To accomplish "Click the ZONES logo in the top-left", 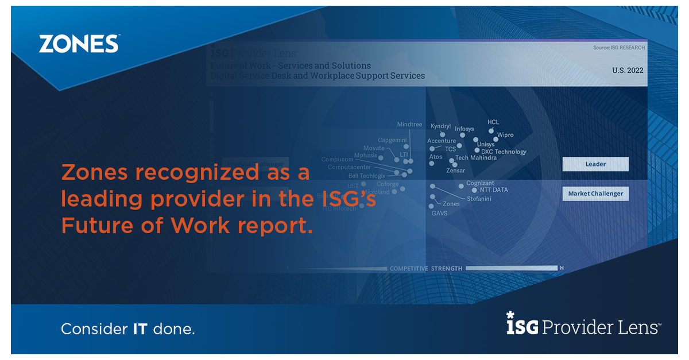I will pos(79,44).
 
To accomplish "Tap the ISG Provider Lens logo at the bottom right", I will pos(583,326).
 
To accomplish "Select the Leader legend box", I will pos(595,164).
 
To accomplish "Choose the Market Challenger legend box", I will pos(595,194).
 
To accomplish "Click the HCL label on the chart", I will pos(493,122).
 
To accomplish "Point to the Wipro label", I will pos(505,136).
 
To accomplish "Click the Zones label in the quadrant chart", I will pos(451,204).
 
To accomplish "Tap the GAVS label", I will pos(439,214).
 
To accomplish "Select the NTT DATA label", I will pos(494,190).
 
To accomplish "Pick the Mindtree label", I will pos(409,125).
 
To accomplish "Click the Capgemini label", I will pos(392,140).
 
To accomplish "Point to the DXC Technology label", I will pos(504,152).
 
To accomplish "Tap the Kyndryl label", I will pos(440,126).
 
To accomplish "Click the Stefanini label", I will pos(479,199).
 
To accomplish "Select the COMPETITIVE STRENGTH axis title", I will pos(426,268).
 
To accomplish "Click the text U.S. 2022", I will pos(628,70).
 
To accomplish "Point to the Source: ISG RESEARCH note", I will pos(619,48).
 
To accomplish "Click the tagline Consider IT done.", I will pos(128,330).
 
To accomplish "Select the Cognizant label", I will pos(480,183).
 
